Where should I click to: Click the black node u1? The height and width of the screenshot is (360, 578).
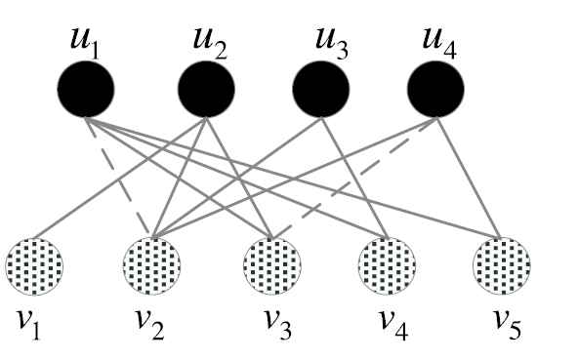pyautogui.click(x=86, y=89)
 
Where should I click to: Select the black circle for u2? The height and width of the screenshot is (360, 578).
pyautogui.click(x=206, y=89)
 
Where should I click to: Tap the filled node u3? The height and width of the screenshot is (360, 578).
pyautogui.click(x=321, y=89)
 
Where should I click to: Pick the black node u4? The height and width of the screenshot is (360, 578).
pyautogui.click(x=435, y=89)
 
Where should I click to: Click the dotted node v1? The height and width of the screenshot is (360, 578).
pyautogui.click(x=34, y=266)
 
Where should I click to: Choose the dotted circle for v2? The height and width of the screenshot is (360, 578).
pyautogui.click(x=152, y=266)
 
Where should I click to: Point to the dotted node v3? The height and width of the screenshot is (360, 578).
pyautogui.click(x=272, y=266)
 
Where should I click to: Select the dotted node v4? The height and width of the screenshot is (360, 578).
pyautogui.click(x=387, y=266)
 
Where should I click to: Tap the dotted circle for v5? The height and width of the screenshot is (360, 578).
pyautogui.click(x=502, y=266)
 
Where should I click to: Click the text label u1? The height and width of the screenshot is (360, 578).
pyautogui.click(x=85, y=44)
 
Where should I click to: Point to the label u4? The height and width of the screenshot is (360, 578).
pyautogui.click(x=439, y=44)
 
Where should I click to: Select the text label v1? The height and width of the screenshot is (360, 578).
pyautogui.click(x=28, y=325)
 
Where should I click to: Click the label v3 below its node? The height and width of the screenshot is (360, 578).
pyautogui.click(x=278, y=324)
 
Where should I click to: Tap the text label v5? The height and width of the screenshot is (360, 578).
pyautogui.click(x=508, y=324)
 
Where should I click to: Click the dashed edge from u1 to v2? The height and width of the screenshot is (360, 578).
pyautogui.click(x=118, y=177)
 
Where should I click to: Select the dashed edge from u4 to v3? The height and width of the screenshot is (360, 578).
pyautogui.click(x=354, y=178)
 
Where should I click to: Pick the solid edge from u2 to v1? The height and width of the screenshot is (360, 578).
pyautogui.click(x=120, y=178)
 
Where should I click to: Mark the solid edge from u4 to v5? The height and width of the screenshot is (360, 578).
pyautogui.click(x=469, y=178)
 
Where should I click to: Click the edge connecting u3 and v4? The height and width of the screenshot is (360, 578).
pyautogui.click(x=354, y=178)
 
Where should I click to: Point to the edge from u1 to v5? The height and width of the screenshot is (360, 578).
pyautogui.click(x=294, y=178)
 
